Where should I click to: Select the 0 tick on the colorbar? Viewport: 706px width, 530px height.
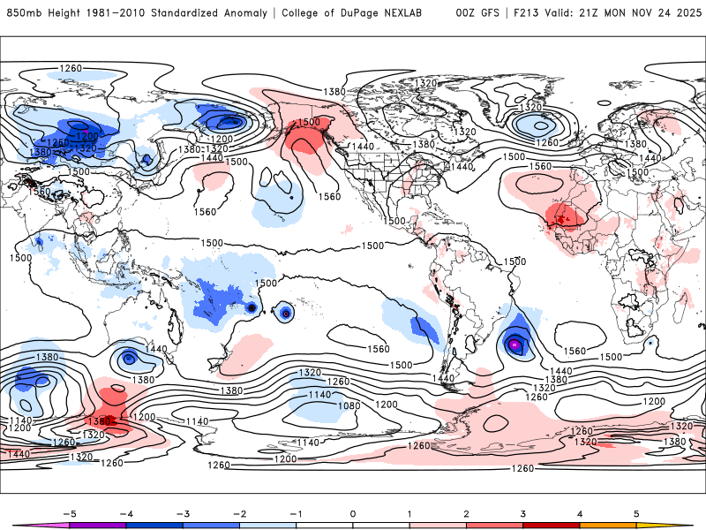353,512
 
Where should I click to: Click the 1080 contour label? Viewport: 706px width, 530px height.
350,405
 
